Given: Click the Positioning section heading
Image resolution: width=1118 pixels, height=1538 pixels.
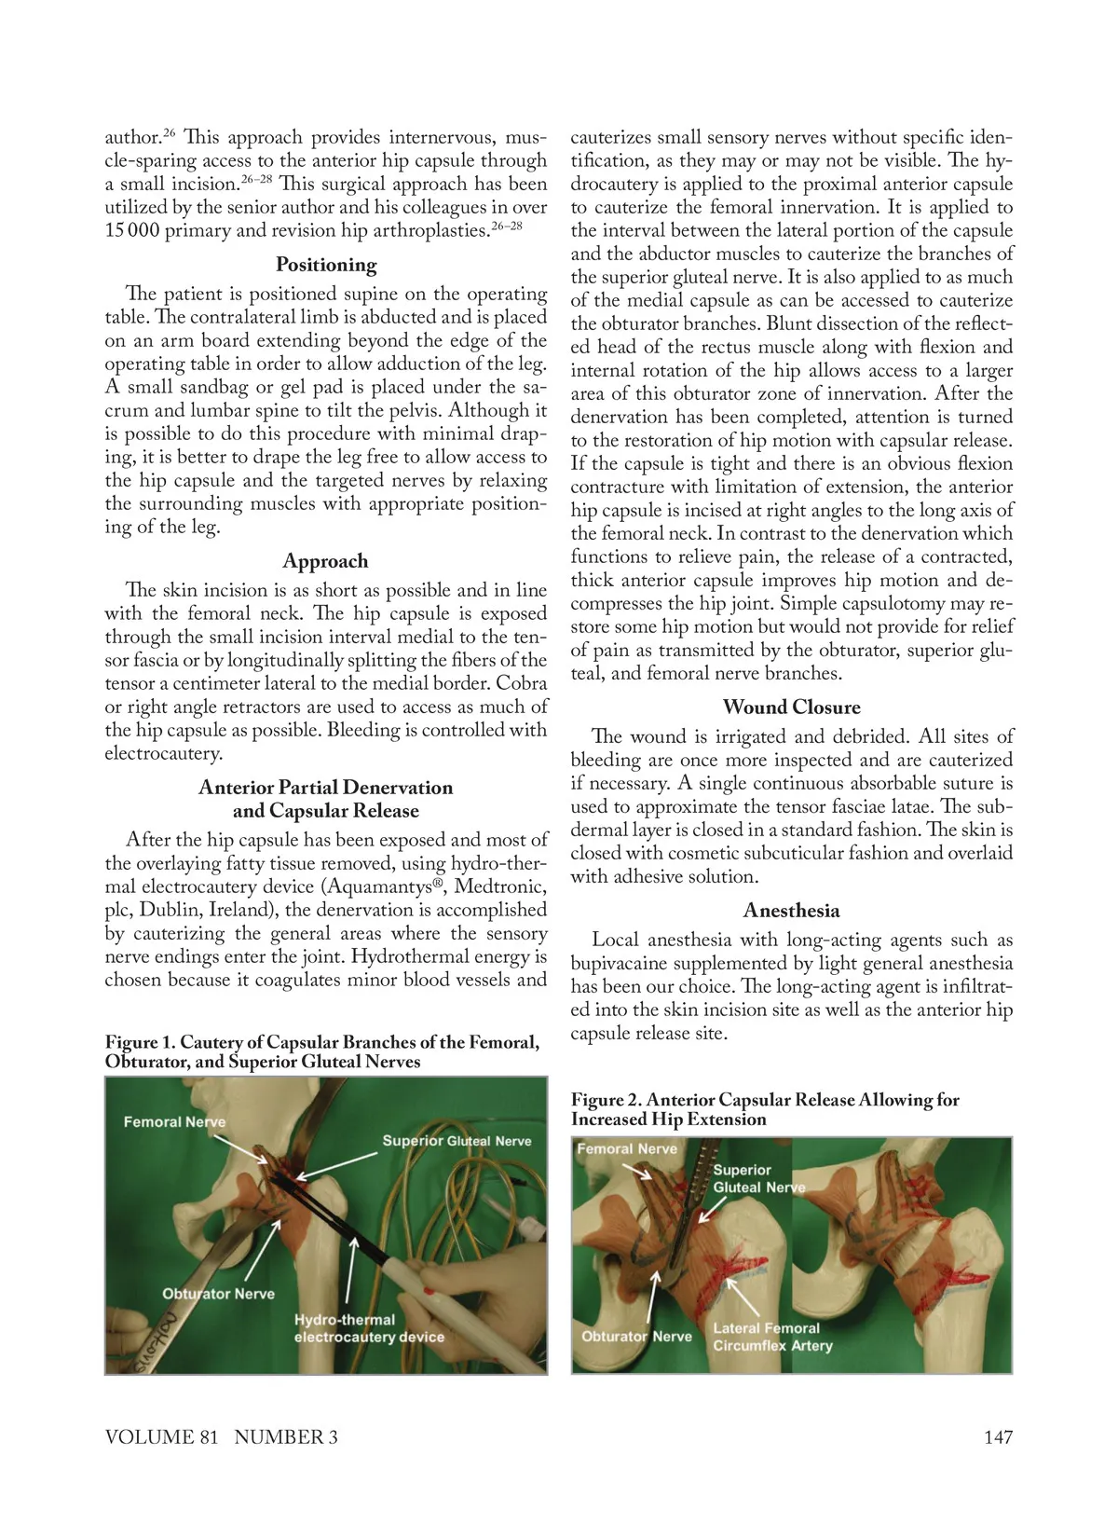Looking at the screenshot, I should pos(326,265).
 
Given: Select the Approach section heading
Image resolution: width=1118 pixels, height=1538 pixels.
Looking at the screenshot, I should pos(325,561).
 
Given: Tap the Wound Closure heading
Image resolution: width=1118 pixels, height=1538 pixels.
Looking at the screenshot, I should pos(791,707).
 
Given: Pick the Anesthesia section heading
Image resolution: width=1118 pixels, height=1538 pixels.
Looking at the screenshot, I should pos(791,911).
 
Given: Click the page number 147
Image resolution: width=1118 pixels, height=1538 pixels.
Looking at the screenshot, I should pos(998,1436).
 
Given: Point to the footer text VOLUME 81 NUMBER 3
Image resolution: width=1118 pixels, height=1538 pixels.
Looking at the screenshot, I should pos(222,1436).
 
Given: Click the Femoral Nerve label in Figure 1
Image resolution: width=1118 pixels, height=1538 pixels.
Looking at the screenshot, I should pos(174,1122).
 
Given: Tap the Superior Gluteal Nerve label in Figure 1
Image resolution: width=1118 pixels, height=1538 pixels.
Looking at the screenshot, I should pos(457,1141).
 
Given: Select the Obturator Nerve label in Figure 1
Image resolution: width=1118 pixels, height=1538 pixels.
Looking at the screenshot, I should pos(218,1294).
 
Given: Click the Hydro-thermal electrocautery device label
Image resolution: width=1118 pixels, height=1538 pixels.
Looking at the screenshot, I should pos(369,1328).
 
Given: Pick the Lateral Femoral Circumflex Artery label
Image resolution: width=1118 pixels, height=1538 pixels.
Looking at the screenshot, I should pos(772,1337).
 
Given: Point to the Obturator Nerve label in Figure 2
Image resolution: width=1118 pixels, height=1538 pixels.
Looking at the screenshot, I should pos(636,1336).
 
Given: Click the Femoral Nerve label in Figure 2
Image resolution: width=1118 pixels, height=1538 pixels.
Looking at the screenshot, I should pos(627,1148).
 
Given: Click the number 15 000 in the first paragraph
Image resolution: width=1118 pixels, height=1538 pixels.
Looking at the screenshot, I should pos(132,230).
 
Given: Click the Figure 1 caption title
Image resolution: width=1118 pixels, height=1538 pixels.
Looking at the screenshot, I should pos(321,1051).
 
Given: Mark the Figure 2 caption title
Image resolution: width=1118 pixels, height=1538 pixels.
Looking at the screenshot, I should pos(764,1109).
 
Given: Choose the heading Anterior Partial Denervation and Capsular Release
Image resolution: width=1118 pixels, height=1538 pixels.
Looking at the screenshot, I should pos(325,799).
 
